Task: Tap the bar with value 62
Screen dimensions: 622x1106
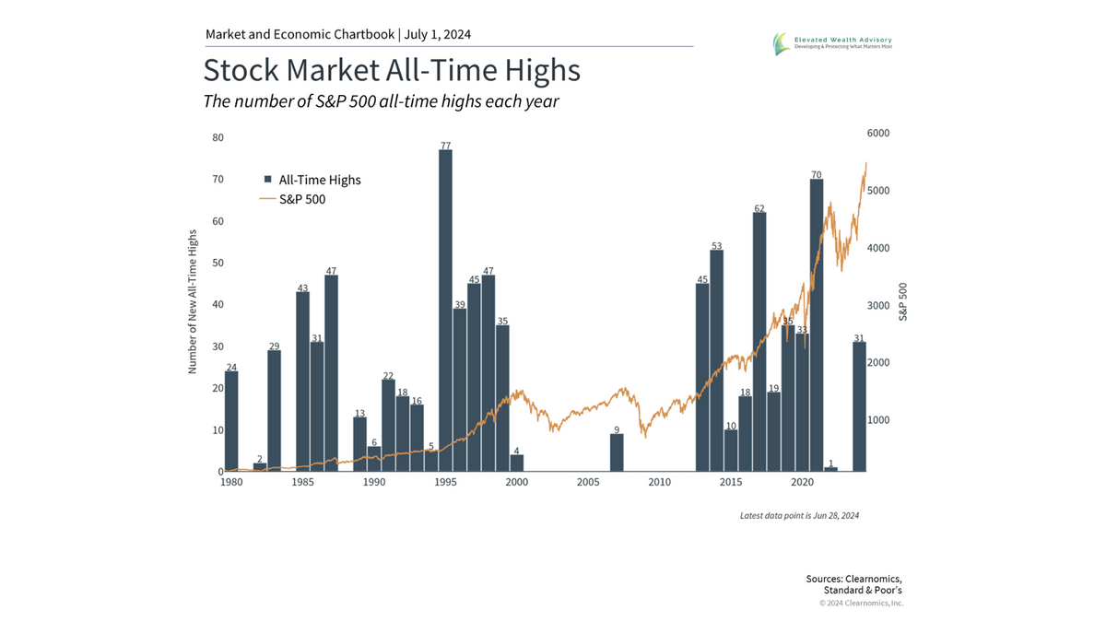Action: click(759, 342)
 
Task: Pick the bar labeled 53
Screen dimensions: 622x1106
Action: click(716, 360)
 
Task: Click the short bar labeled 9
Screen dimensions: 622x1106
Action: click(617, 452)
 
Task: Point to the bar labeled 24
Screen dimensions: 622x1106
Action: click(231, 421)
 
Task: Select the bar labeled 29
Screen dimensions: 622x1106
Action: click(274, 411)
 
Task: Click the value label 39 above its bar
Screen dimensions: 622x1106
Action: click(459, 303)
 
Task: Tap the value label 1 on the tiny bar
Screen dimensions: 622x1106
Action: click(830, 463)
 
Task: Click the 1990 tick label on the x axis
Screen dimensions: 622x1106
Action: click(374, 482)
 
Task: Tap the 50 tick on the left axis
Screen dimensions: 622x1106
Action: click(218, 263)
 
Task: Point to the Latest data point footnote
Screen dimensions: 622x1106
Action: click(799, 515)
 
